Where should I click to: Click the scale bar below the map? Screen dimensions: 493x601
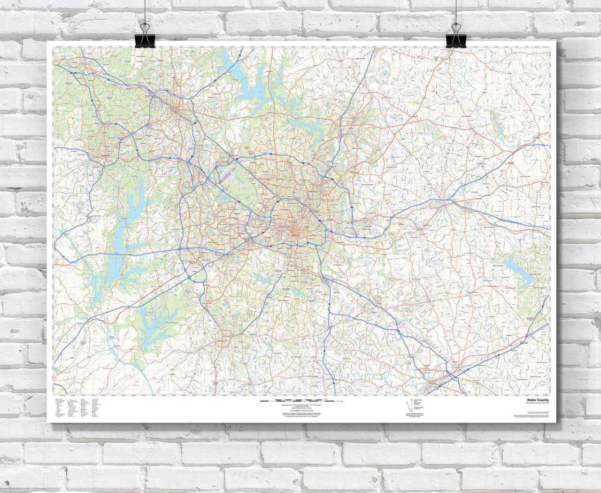tap(301, 402)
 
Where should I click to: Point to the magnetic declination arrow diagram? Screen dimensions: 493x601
tap(405, 406)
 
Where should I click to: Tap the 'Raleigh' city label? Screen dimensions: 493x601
tap(294, 232)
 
